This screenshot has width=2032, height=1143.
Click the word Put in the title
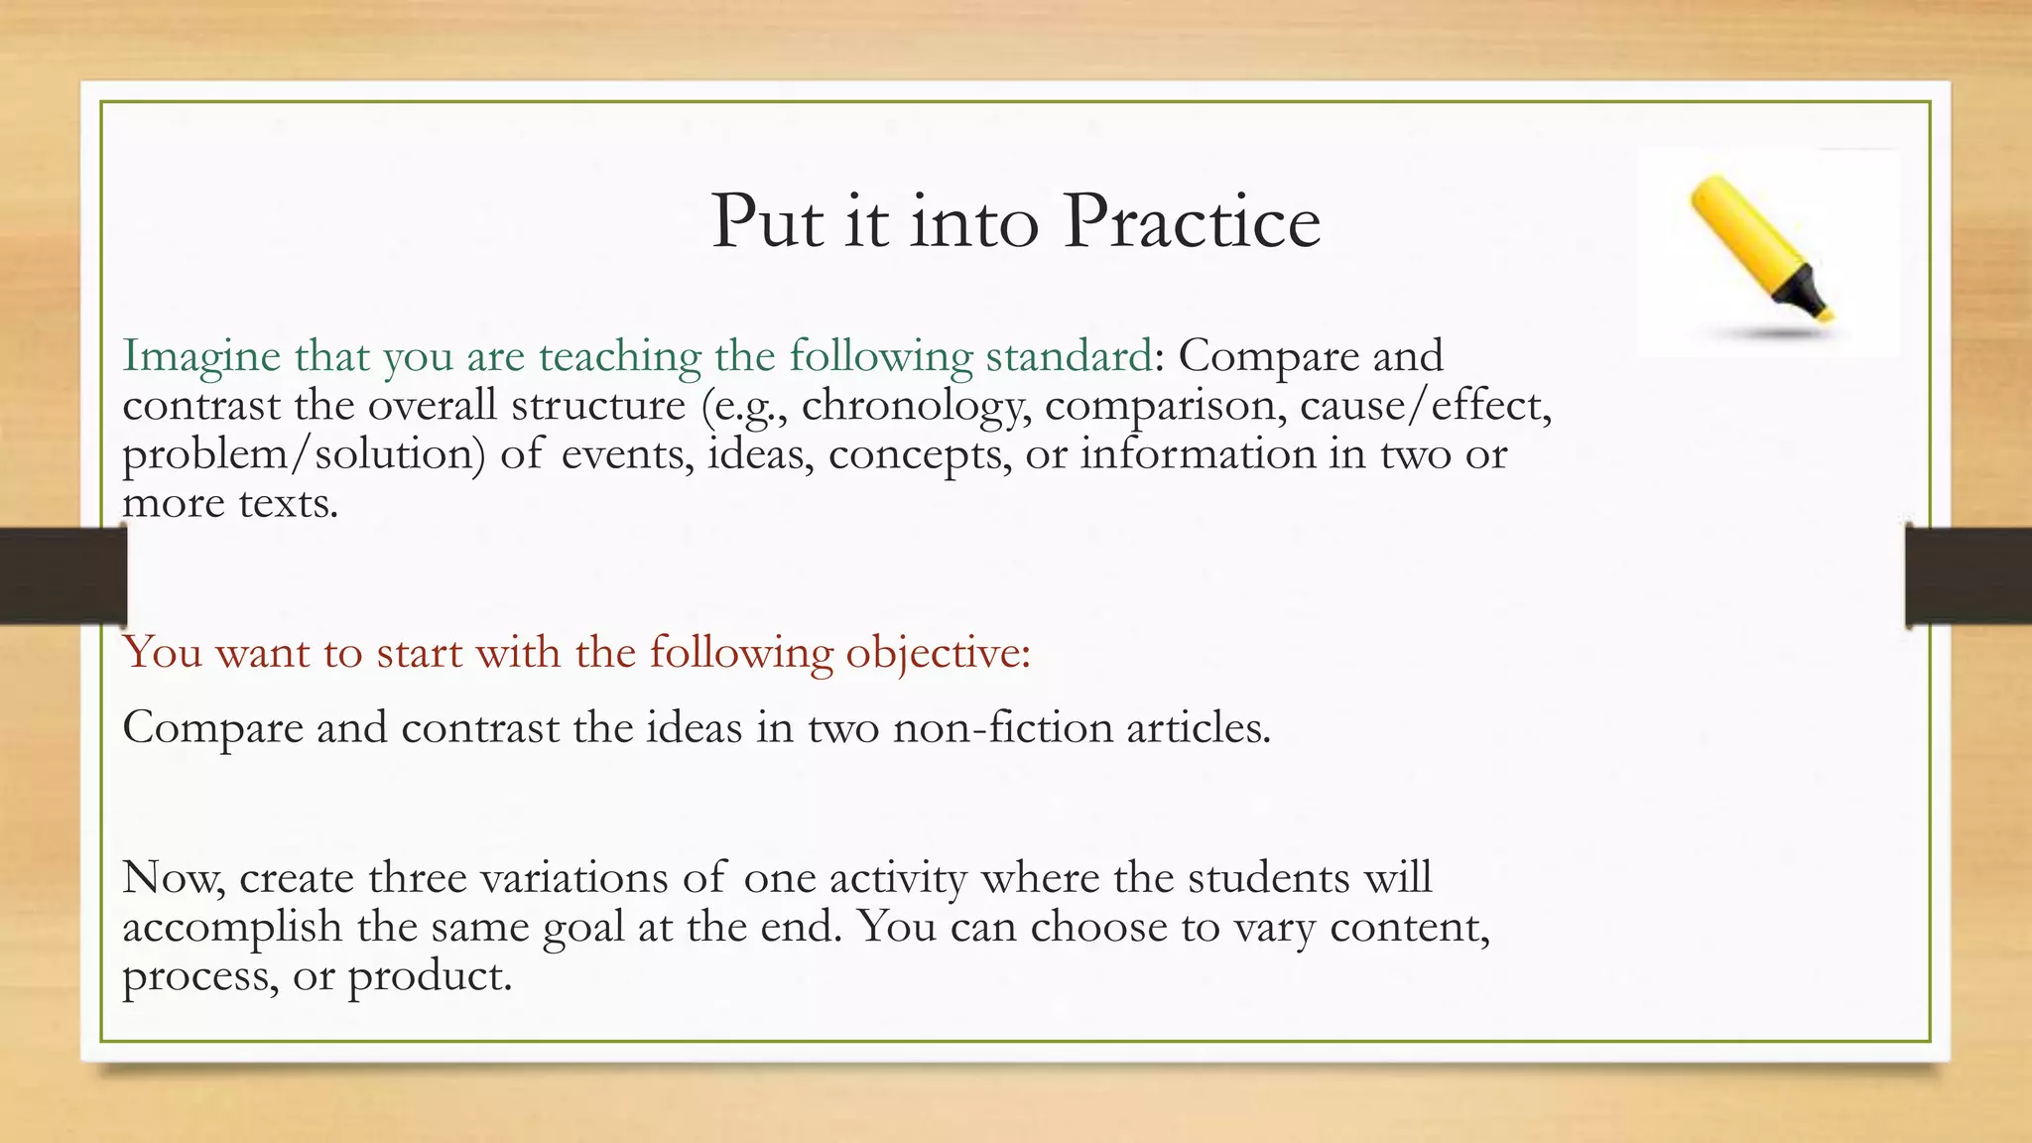[767, 221]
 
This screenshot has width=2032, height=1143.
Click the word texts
[288, 503]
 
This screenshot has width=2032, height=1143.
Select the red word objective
[937, 654]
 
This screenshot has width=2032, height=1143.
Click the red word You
[163, 653]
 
